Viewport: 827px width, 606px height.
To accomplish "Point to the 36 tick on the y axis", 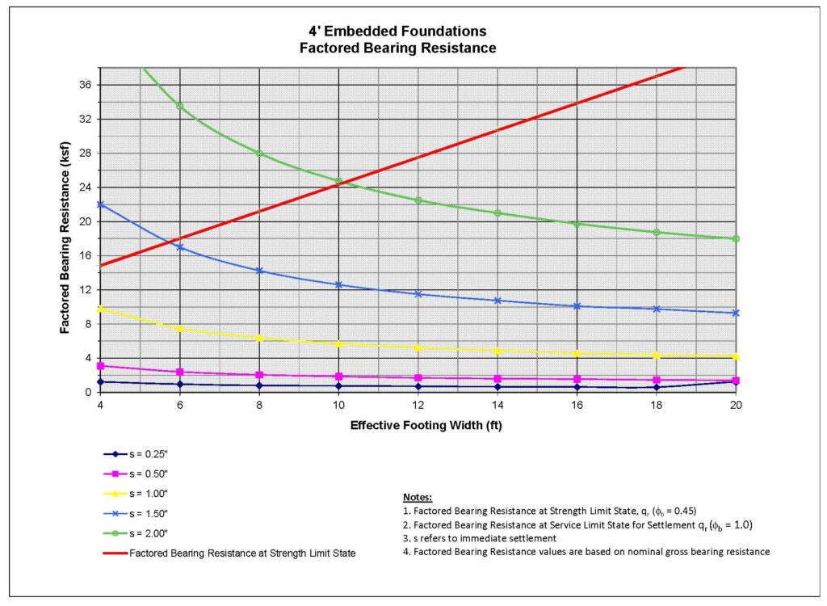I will pyautogui.click(x=84, y=85).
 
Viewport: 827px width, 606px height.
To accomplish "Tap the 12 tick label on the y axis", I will pyautogui.click(x=84, y=290).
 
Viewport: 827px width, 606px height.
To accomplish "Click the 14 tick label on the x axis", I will pyautogui.click(x=497, y=404).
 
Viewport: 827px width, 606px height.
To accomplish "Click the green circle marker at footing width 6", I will pyautogui.click(x=179, y=106).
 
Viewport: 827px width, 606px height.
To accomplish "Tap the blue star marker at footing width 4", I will pyautogui.click(x=100, y=204).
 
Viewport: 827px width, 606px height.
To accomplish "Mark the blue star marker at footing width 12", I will pyautogui.click(x=418, y=294).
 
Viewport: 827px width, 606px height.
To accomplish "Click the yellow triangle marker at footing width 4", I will pyautogui.click(x=100, y=309).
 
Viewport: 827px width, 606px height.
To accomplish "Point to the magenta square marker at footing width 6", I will pyautogui.click(x=179, y=372).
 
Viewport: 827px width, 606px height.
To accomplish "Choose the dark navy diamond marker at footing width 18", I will pyautogui.click(x=656, y=387).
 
